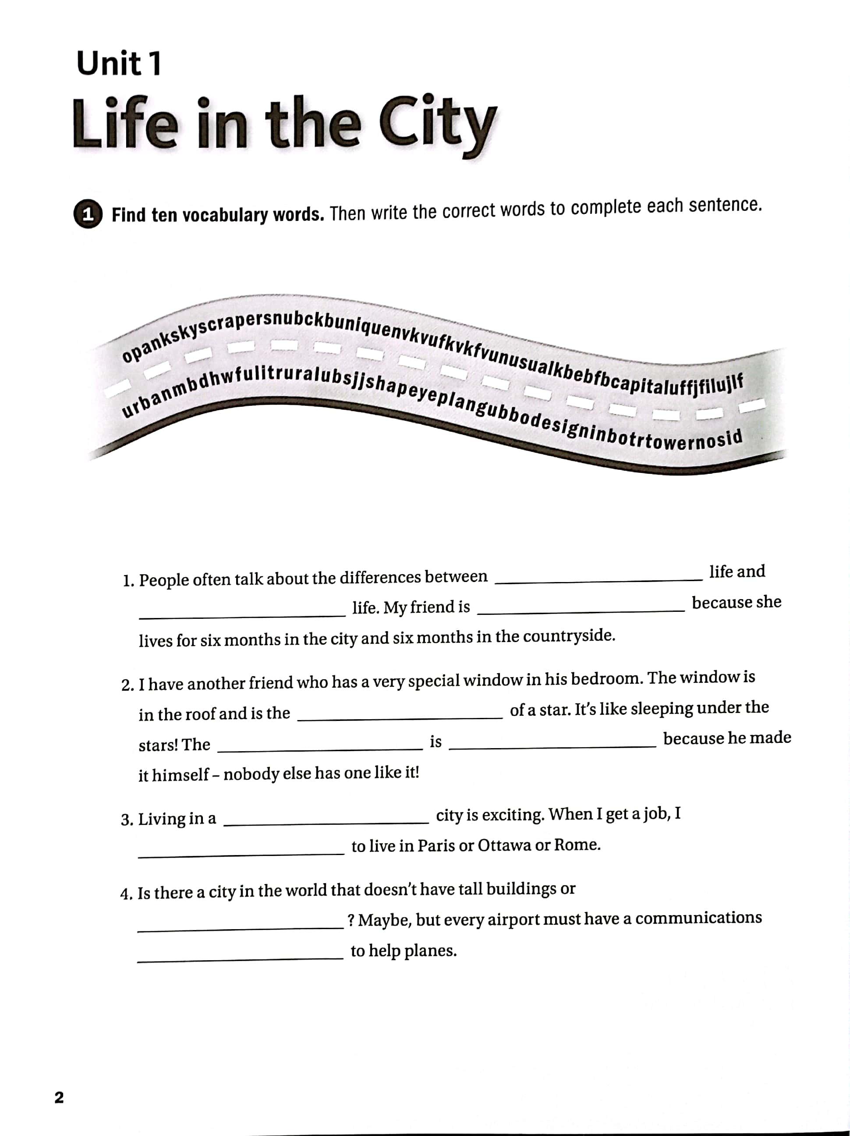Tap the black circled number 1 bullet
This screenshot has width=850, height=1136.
tap(88, 215)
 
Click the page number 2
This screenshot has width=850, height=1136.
tap(59, 1097)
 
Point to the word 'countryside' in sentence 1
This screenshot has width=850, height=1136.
tap(569, 636)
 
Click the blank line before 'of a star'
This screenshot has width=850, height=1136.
tap(400, 717)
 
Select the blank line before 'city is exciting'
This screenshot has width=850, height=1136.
tap(326, 823)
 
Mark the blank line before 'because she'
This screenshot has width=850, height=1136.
tap(581, 610)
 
